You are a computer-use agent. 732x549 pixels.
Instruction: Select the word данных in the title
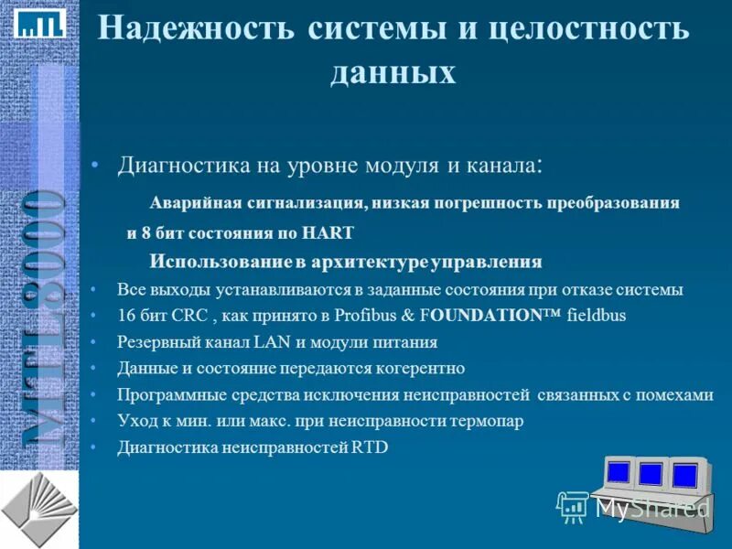coord(393,71)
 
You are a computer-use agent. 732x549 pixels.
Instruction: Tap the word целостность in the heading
coord(587,27)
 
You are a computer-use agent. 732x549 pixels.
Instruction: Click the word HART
coord(328,232)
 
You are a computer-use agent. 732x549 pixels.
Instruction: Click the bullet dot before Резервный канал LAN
coord(95,343)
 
